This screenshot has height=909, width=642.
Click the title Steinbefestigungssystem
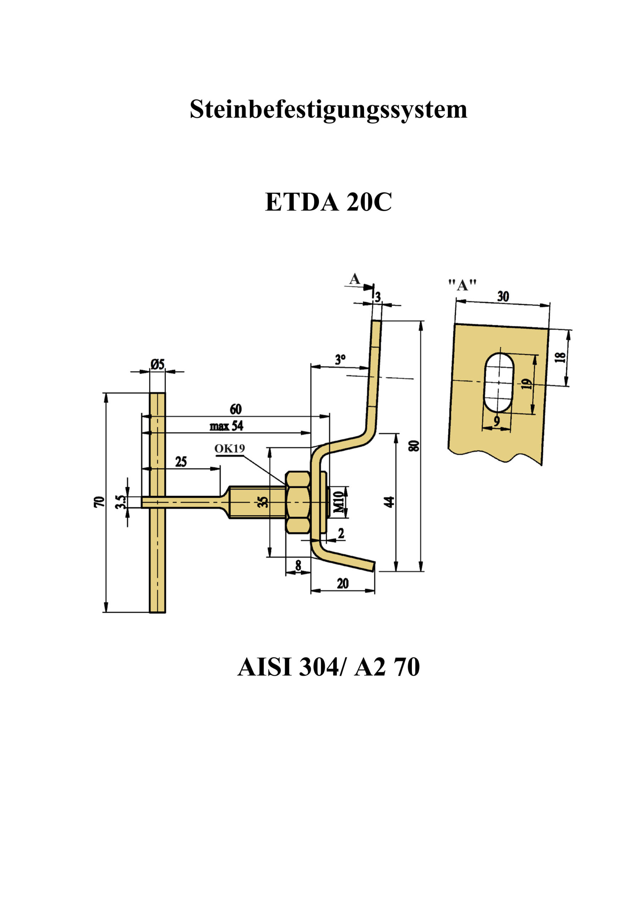pos(328,110)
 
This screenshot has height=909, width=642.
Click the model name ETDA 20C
pos(328,202)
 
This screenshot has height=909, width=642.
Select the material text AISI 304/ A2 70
pos(328,667)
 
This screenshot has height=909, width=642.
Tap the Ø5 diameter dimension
pos(157,364)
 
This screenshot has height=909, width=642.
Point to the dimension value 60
pos(236,409)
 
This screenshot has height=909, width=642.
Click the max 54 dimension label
pos(226,426)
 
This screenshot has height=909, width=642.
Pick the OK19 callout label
pos(229,448)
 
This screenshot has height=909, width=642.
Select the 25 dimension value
pos(181,462)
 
